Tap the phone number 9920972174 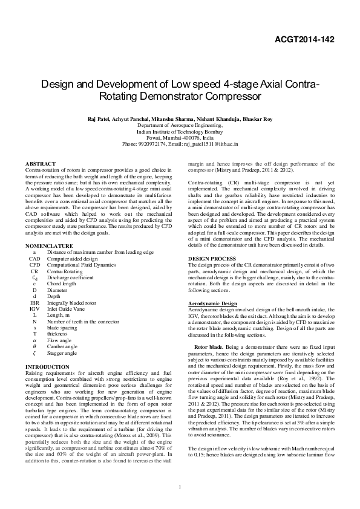click(149, 144)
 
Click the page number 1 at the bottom click(180, 487)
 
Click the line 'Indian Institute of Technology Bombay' click(180, 131)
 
